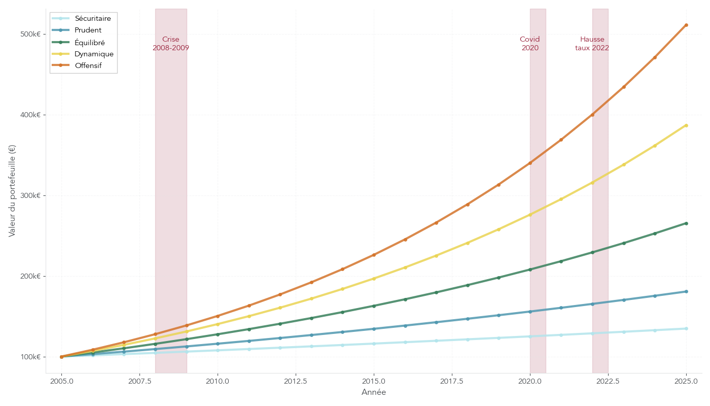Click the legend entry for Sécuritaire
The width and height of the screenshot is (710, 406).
point(92,18)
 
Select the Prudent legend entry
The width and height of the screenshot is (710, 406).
point(88,30)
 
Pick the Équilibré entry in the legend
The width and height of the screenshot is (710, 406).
point(89,42)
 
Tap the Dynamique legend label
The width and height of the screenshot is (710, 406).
point(94,54)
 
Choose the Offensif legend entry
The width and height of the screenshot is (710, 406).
point(88,65)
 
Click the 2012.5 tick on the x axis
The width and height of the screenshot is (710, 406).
point(296,381)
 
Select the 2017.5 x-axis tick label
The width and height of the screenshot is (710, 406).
point(452,381)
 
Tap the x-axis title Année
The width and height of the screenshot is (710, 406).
point(374,392)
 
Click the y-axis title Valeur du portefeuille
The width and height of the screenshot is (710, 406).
point(12,191)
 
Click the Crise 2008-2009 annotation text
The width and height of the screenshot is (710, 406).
point(171,44)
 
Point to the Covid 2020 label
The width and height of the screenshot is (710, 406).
point(530,44)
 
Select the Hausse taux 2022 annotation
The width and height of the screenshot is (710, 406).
point(592,44)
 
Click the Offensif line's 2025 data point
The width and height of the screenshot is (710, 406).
point(686,25)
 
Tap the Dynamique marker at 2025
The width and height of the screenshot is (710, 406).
point(686,125)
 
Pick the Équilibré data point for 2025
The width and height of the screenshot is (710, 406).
point(686,223)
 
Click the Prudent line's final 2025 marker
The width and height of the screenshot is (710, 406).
point(686,291)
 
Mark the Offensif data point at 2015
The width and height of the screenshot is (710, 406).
point(374,255)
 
